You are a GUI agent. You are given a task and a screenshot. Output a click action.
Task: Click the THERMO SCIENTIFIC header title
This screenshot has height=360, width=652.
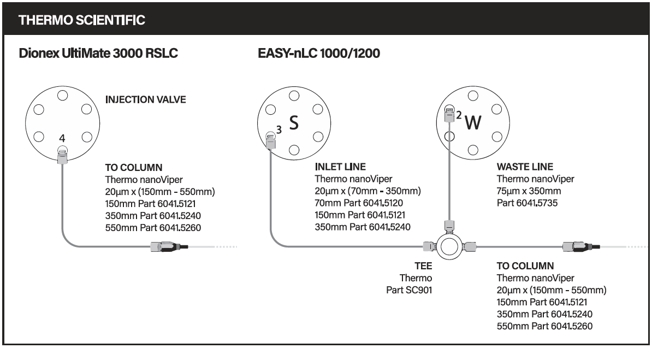(x=82, y=20)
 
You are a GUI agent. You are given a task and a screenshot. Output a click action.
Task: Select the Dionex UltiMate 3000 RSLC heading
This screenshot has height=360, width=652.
(x=98, y=54)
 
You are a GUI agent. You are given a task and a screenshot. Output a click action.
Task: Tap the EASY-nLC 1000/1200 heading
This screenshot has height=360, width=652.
(x=319, y=54)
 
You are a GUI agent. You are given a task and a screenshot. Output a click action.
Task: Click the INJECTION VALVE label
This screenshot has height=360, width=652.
(x=146, y=99)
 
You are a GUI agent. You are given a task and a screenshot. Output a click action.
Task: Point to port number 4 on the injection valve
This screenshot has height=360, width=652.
(x=62, y=138)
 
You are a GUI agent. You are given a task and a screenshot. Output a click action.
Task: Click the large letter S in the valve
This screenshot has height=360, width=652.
(x=294, y=123)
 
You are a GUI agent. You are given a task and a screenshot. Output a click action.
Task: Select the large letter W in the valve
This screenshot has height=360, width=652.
(x=473, y=123)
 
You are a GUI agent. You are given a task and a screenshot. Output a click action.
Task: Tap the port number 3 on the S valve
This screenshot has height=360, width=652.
(x=279, y=130)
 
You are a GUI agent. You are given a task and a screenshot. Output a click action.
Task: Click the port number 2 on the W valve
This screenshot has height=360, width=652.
(x=459, y=115)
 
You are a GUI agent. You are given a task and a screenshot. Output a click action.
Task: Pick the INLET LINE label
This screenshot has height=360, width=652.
(x=340, y=167)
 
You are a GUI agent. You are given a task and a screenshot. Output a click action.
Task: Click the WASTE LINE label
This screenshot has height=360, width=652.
(x=525, y=167)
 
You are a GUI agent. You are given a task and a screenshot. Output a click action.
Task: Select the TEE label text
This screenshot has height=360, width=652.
(x=423, y=266)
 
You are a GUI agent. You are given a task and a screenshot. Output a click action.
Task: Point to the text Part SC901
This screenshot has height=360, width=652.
(x=409, y=290)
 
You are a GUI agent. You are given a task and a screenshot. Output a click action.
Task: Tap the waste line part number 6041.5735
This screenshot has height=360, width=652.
(x=527, y=203)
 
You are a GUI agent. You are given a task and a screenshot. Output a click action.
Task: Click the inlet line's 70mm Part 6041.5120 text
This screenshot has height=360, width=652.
(x=359, y=203)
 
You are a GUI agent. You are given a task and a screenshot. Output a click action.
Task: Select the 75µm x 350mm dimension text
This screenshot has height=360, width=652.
(x=529, y=191)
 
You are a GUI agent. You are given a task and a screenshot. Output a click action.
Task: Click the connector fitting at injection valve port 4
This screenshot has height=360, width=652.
(x=62, y=157)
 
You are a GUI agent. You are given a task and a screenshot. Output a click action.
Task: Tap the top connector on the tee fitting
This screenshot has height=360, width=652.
(x=449, y=226)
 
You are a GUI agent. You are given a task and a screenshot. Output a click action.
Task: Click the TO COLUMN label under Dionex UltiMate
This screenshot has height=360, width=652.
(x=133, y=168)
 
